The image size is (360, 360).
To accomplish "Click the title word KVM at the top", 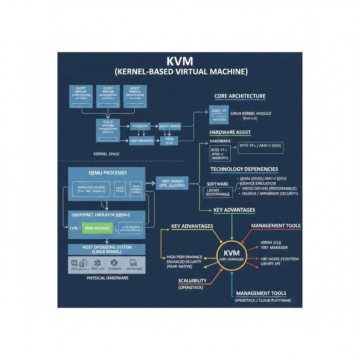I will tap(180, 61).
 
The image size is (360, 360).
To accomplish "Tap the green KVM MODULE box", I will tap(97, 228).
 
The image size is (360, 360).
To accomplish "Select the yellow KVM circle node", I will tap(232, 255).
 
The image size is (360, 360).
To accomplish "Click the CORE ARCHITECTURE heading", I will tap(240, 96).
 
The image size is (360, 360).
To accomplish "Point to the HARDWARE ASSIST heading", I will tap(230, 132).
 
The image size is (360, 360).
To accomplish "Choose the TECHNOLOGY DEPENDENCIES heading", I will tap(244, 169).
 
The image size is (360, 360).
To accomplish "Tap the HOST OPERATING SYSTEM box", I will tap(107, 250).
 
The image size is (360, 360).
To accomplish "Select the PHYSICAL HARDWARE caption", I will tap(107, 278).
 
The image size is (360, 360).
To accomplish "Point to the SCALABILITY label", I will tap(192, 281).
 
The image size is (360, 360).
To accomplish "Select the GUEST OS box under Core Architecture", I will tap(219, 114).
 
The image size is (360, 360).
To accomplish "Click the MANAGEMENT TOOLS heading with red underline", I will tap(276, 225).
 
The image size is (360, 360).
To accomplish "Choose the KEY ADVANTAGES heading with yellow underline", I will tap(192, 226).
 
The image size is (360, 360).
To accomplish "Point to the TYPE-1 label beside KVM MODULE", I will tap(75, 228).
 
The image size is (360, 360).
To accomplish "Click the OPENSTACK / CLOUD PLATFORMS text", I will tap(263, 301).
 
